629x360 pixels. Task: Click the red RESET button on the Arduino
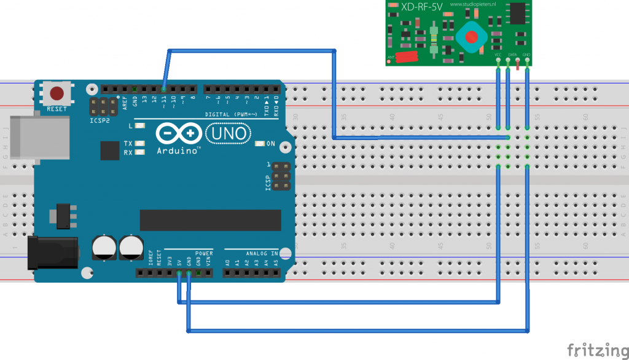(x=57, y=94)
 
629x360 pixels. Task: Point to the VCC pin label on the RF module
(x=498, y=55)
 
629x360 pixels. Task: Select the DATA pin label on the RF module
(x=512, y=55)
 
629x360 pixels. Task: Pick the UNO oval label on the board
(x=227, y=133)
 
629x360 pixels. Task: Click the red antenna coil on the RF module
(x=406, y=57)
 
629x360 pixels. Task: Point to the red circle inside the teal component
(x=472, y=36)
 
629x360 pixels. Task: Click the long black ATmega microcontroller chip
(x=210, y=220)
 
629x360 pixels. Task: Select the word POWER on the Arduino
(x=204, y=252)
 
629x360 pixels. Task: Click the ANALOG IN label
(x=262, y=252)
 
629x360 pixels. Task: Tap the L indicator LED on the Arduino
(x=141, y=126)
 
